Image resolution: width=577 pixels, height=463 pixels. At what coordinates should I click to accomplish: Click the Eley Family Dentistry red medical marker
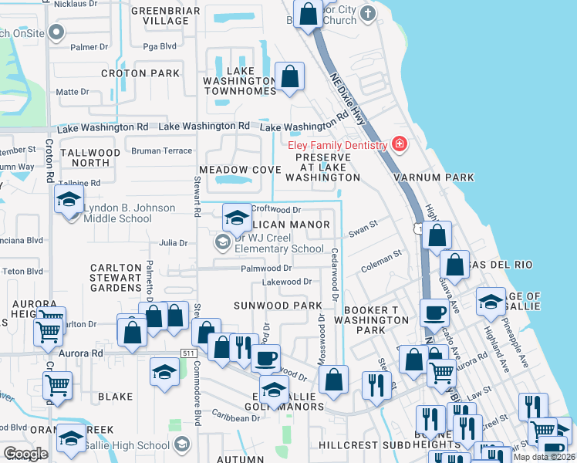tap(399, 144)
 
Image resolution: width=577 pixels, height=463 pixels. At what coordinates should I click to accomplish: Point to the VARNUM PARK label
tap(433, 177)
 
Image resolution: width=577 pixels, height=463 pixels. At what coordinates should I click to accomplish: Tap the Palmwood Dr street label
tap(265, 269)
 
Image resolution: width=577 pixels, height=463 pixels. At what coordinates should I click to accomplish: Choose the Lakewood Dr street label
tap(286, 282)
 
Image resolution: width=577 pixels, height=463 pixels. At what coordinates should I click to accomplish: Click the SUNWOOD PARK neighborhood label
tap(278, 306)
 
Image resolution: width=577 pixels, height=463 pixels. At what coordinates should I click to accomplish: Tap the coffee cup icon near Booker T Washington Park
tap(435, 313)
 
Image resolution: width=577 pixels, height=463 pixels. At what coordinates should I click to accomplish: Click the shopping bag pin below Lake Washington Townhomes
tap(290, 76)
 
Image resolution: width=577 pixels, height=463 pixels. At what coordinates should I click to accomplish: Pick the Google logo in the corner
tap(25, 453)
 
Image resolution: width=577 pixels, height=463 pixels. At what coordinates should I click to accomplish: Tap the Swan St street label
tap(363, 229)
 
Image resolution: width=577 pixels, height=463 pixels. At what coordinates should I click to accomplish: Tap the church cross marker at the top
tap(369, 13)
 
